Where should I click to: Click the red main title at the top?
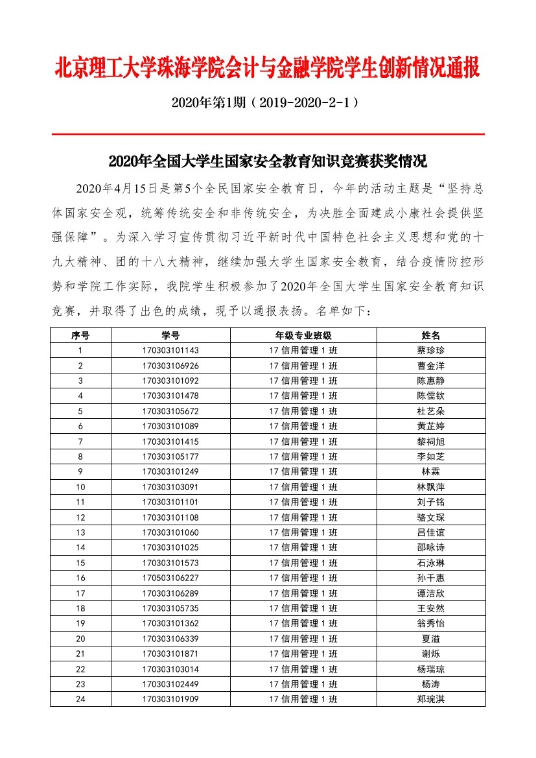[267, 68]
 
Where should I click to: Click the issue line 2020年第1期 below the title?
[267, 102]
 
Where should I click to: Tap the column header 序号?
[80, 335]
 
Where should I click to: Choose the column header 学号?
[171, 335]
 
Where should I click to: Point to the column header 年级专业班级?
[303, 335]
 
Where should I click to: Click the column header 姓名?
[431, 335]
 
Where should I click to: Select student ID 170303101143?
[171, 351]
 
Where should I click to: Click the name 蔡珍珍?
[431, 351]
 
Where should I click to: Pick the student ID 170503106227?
[171, 578]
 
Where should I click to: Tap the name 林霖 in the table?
[431, 471]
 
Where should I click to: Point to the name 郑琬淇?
[431, 699]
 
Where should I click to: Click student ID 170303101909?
[171, 699]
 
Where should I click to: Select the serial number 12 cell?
[80, 517]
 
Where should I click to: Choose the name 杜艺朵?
[431, 411]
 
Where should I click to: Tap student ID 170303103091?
[171, 487]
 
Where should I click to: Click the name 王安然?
[431, 608]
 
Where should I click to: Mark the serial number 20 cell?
[80, 639]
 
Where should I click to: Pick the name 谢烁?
[431, 654]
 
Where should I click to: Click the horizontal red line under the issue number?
[267, 134]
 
